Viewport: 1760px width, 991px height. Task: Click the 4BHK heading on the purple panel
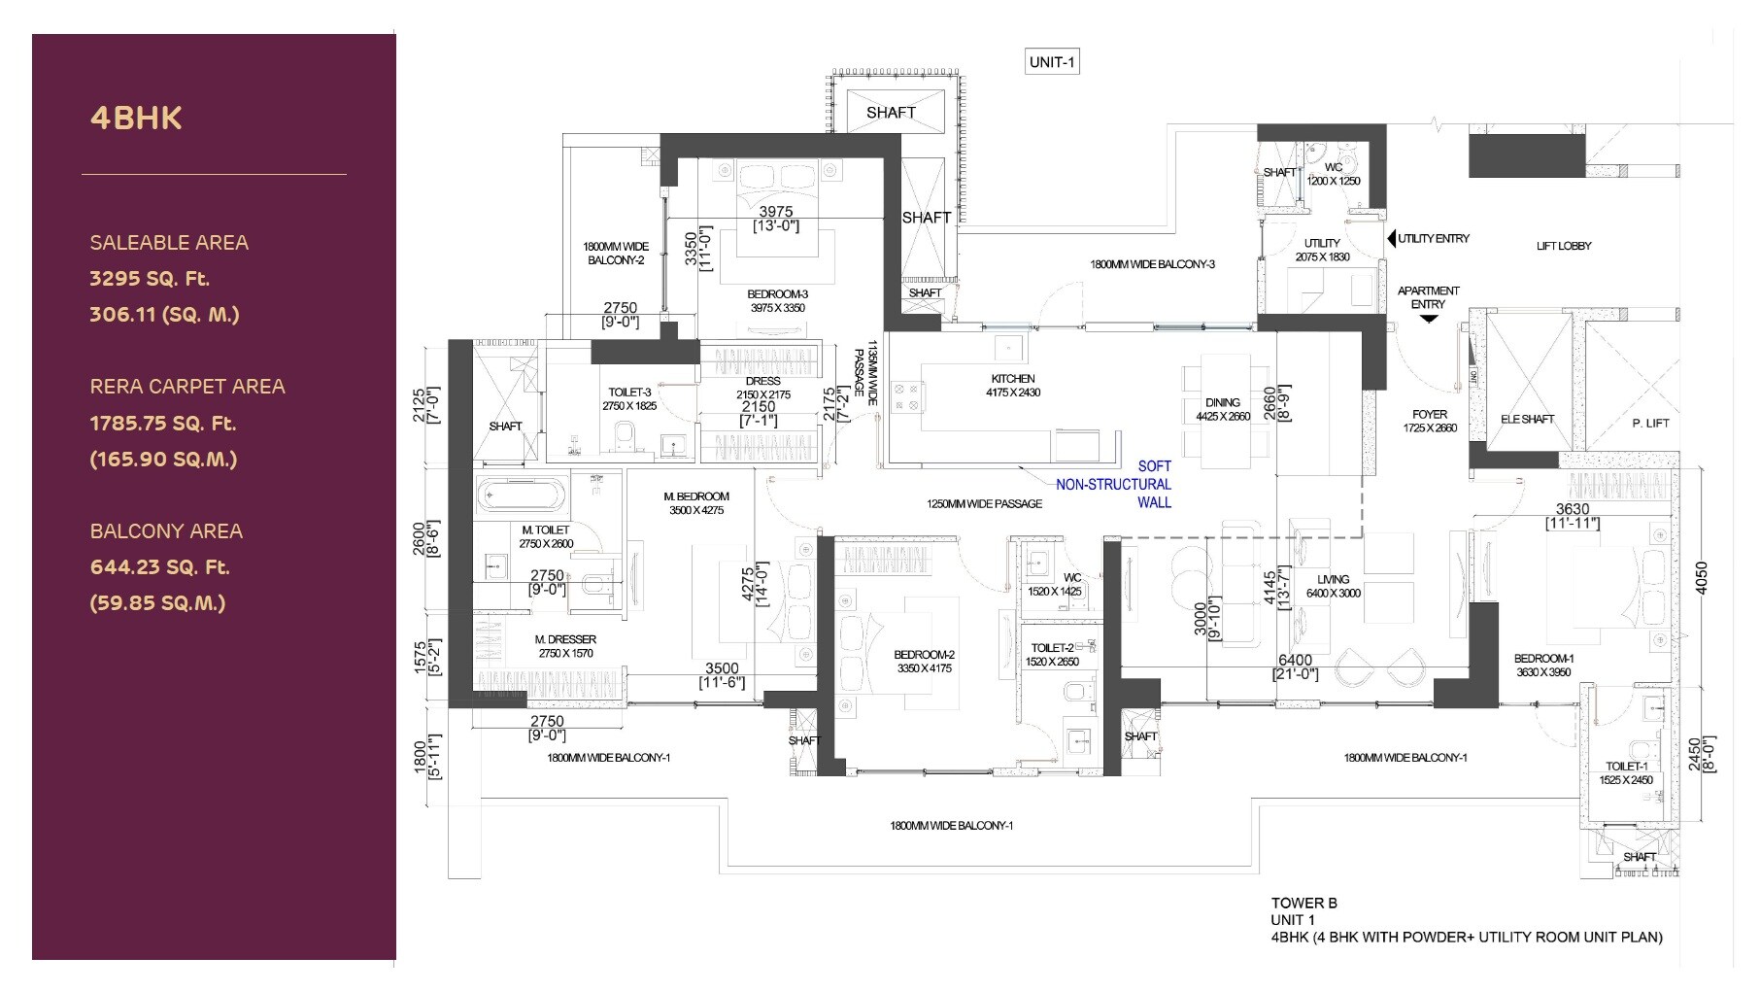click(x=136, y=119)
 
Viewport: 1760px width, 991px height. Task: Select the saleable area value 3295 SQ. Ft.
click(x=150, y=279)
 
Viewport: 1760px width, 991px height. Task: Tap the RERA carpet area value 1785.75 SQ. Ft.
click(x=162, y=424)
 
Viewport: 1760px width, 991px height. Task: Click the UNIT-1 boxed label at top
click(x=1052, y=62)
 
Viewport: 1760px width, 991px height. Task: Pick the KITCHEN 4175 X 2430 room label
click(x=1013, y=386)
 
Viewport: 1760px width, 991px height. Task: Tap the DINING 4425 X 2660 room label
click(x=1223, y=409)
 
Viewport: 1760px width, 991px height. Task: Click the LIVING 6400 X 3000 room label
click(x=1333, y=586)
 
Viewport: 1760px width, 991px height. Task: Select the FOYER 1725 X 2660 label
click(x=1430, y=421)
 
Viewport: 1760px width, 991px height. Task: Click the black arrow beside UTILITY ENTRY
click(x=1391, y=238)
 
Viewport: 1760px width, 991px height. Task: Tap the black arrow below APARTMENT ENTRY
click(x=1428, y=318)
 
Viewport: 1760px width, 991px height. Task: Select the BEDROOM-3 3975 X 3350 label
click(x=777, y=300)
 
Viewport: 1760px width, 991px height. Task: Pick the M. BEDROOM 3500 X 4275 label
click(x=696, y=502)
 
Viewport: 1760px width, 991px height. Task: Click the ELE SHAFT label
click(x=1527, y=419)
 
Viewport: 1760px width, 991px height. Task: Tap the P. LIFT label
click(x=1650, y=423)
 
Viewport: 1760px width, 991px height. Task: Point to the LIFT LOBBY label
click(x=1564, y=246)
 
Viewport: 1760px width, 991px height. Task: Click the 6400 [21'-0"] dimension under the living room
click(x=1296, y=666)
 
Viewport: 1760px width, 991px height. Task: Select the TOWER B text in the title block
click(x=1303, y=903)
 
